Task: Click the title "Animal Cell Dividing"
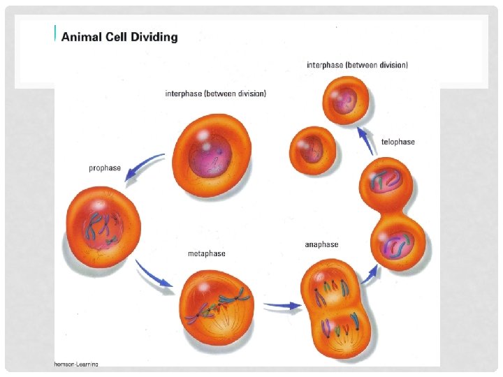coord(119,37)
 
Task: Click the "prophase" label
coord(105,168)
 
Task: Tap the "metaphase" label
coord(207,253)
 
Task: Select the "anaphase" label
coord(321,244)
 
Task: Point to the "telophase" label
coord(398,142)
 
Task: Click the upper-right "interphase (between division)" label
coord(357,65)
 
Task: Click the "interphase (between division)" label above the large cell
coord(215,94)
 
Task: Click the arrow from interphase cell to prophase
coord(145,168)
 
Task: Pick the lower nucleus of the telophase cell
coord(398,244)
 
